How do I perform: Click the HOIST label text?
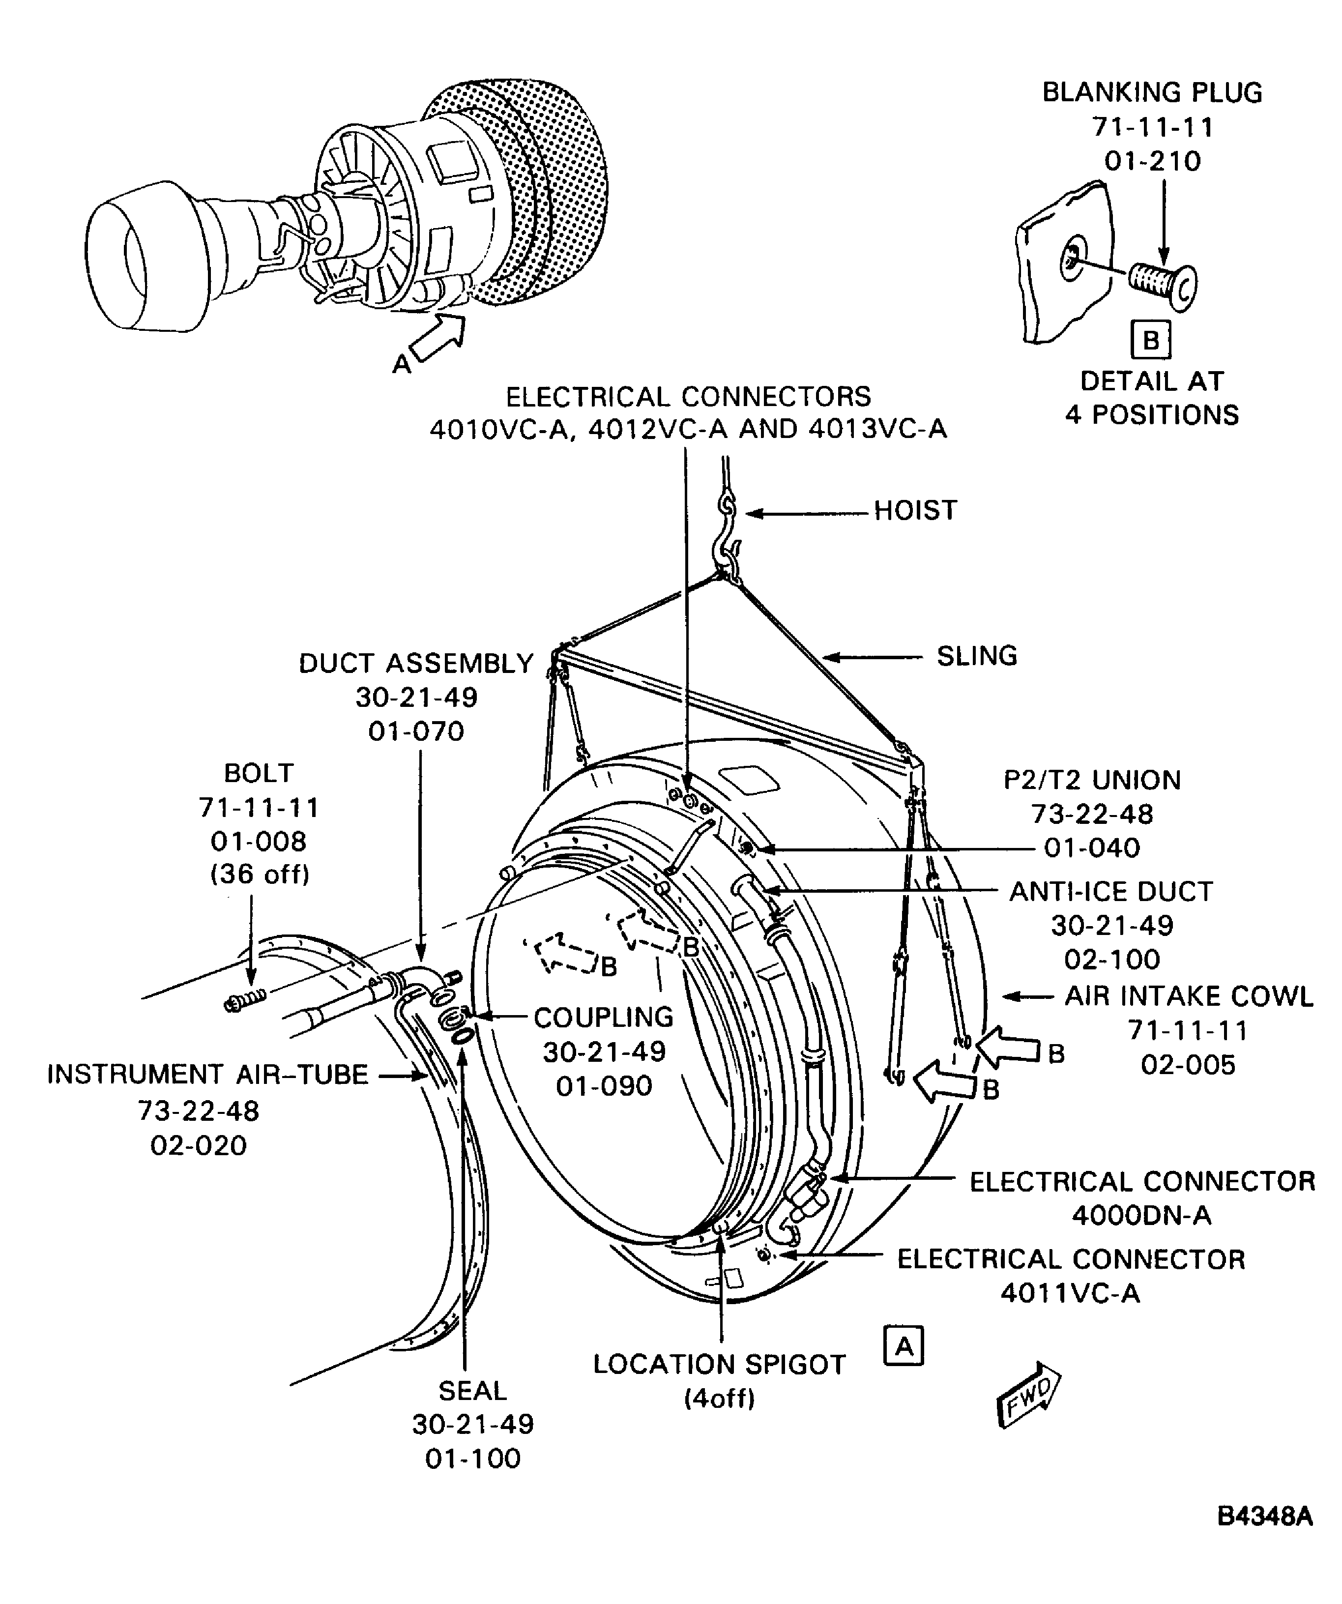click(x=914, y=510)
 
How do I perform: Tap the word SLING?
click(x=976, y=655)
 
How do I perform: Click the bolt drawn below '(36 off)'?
click(x=246, y=998)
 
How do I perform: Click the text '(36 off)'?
click(x=260, y=874)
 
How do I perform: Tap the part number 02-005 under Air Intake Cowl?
click(x=1188, y=1064)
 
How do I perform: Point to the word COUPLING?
click(x=603, y=1018)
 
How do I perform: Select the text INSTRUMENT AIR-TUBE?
click(x=208, y=1074)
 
